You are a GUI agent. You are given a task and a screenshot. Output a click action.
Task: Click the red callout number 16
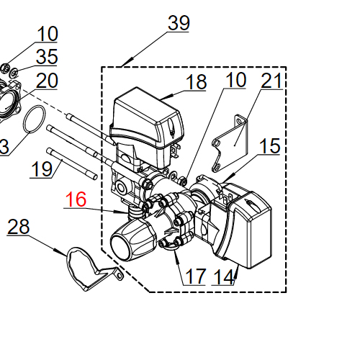76,199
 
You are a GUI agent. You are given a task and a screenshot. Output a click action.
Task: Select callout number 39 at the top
179,23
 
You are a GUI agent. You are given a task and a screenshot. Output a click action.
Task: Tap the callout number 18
196,81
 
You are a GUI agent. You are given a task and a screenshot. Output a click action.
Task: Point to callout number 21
271,81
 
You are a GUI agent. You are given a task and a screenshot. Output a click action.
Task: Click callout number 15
270,145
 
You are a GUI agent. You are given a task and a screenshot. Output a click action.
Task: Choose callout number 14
223,276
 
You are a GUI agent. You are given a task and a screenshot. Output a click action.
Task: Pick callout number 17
196,276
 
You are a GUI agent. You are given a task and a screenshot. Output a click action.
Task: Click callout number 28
19,226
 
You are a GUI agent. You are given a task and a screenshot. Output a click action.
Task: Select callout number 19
42,169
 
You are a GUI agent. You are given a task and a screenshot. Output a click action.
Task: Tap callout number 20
47,81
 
